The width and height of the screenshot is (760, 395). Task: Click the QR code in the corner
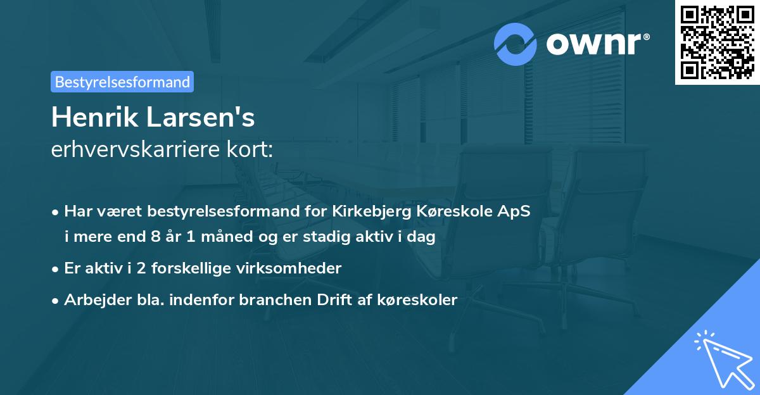(717, 42)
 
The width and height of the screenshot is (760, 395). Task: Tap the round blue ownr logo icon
(516, 44)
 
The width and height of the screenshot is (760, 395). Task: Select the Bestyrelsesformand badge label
(122, 82)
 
